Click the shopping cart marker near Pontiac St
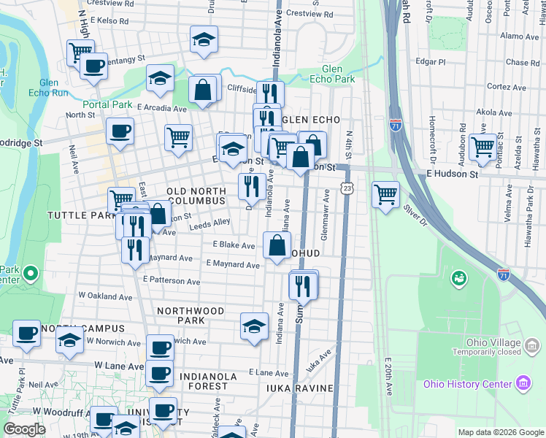(x=482, y=147)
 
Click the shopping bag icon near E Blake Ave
(x=277, y=246)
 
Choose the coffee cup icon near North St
(x=120, y=131)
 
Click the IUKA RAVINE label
(x=299, y=388)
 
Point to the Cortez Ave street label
(x=506, y=87)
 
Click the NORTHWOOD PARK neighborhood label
(x=191, y=315)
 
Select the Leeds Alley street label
(x=209, y=224)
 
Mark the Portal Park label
(x=107, y=104)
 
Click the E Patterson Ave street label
(x=172, y=280)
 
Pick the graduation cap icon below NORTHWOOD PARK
(x=253, y=326)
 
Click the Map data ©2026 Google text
(x=500, y=432)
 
